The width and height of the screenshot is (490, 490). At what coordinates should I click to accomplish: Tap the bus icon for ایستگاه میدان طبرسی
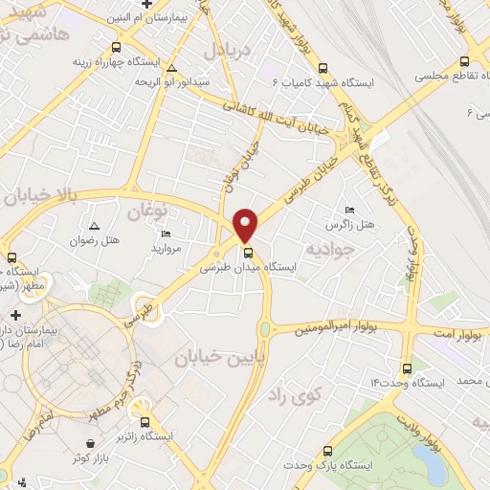249,254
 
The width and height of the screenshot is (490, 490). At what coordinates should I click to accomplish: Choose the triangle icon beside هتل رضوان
94,226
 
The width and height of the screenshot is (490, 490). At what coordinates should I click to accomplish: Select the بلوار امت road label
441,331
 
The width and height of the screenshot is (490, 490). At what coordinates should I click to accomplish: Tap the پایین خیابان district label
212,357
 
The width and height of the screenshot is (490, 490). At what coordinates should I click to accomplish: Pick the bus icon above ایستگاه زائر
145,421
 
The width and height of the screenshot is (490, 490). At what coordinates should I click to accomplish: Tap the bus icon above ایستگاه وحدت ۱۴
407,367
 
